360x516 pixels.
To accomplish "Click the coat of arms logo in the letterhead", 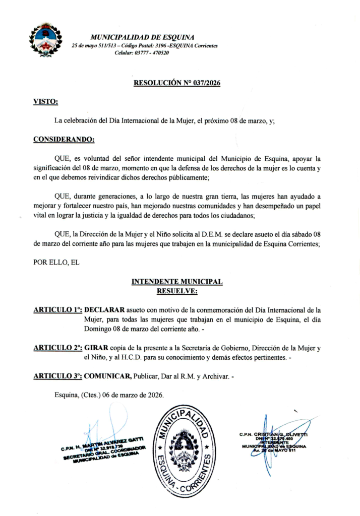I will click(x=45, y=40).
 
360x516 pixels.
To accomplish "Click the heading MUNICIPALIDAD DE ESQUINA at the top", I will click(x=142, y=37).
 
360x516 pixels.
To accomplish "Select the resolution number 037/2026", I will click(x=206, y=84).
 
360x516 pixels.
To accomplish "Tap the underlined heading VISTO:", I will click(x=45, y=102).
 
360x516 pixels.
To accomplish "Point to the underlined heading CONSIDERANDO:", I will click(x=64, y=139).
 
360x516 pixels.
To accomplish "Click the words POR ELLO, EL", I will click(x=56, y=262).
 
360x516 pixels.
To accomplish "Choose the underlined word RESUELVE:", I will click(x=177, y=291).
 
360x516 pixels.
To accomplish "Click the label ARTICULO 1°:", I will click(x=57, y=310).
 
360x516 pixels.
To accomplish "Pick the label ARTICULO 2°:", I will click(x=57, y=348).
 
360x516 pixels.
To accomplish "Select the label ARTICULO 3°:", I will click(x=57, y=376).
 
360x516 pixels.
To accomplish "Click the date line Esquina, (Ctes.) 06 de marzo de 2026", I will click(x=109, y=395).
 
